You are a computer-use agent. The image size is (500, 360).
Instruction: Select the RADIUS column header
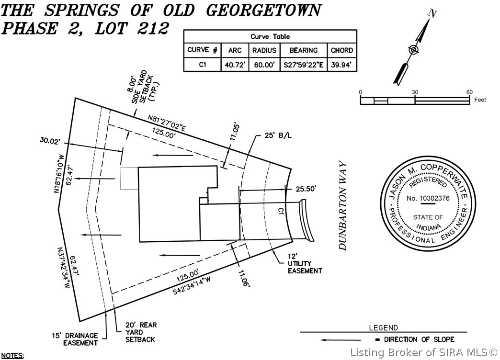click(264, 50)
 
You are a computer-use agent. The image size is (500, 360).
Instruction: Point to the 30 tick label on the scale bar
click(415, 92)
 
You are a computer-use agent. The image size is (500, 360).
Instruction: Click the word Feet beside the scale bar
click(480, 100)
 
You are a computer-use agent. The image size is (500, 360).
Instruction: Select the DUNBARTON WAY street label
click(343, 205)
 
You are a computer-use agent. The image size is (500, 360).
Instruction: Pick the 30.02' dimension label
click(52, 141)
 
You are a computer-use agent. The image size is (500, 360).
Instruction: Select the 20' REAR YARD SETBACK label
click(141, 332)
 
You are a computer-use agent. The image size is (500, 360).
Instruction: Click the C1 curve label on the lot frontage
click(282, 210)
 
